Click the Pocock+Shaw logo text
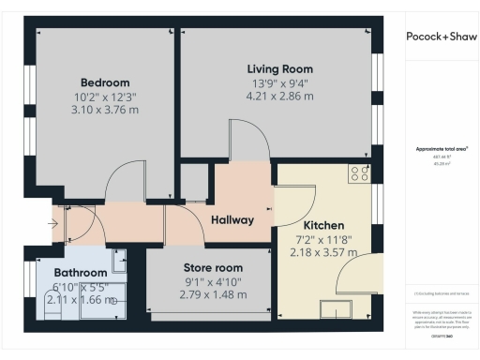click(442, 37)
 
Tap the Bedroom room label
click(104, 82)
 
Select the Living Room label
click(279, 69)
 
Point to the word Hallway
click(232, 220)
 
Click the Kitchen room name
click(323, 226)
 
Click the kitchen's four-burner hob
click(359, 172)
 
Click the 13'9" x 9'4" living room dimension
click(279, 82)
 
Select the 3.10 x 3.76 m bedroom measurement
click(104, 110)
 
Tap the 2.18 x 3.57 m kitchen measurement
click(323, 252)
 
